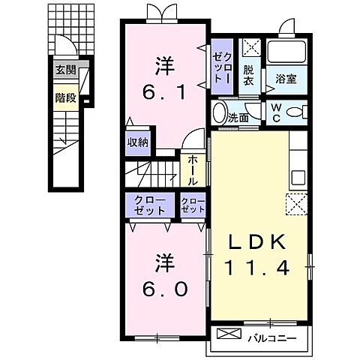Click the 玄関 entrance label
click(65, 70)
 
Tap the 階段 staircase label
click(65, 97)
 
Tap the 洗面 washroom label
click(238, 118)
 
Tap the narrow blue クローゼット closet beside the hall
click(193, 205)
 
